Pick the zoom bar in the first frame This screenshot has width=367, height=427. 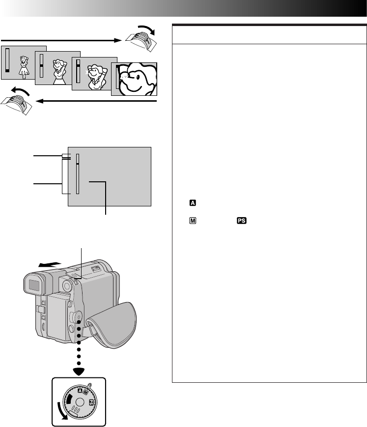pos(7,61)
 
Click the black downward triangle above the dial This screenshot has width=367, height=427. pos(78,371)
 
